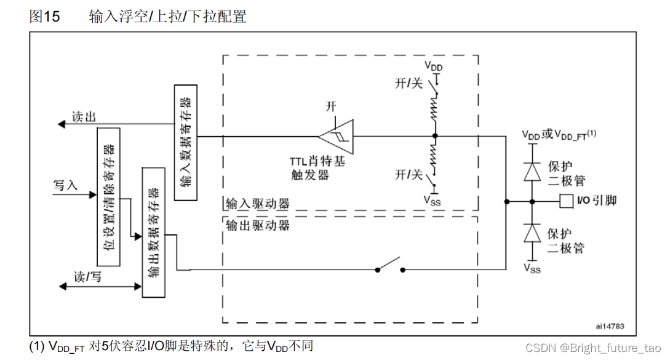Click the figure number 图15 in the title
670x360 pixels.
[44, 17]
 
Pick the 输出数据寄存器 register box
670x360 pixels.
[154, 231]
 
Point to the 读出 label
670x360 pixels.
[84, 117]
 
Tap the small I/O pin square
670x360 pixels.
[565, 201]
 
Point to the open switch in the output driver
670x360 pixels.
[390, 266]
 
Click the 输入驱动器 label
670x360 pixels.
[258, 204]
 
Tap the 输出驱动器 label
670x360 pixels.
[258, 225]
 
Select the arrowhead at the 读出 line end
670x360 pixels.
[61, 124]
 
